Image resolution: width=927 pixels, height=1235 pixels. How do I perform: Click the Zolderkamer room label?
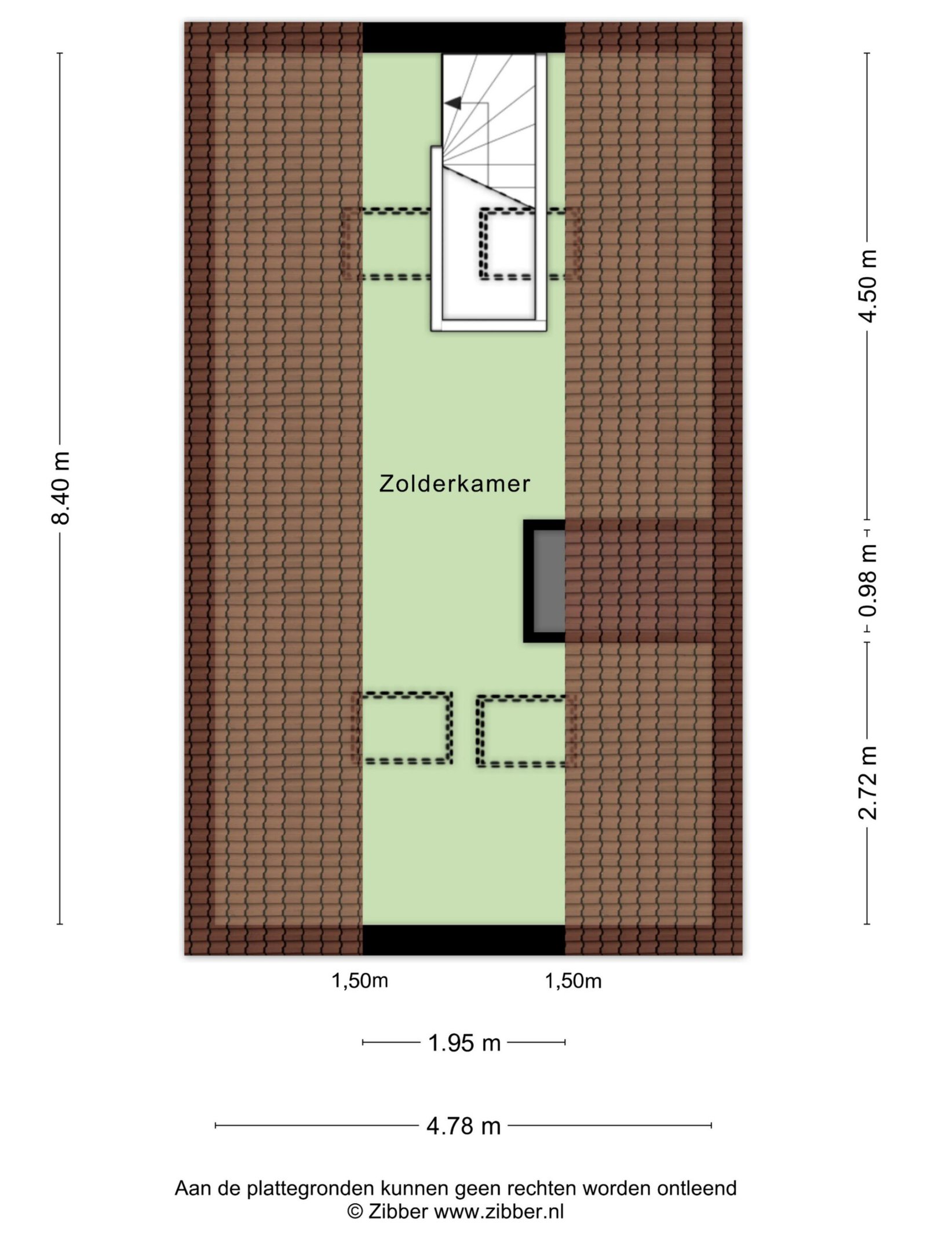(x=454, y=484)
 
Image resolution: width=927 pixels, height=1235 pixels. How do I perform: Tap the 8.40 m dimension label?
(x=60, y=488)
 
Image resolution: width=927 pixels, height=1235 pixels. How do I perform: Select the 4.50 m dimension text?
(x=867, y=286)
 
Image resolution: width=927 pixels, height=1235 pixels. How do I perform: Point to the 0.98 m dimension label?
(x=867, y=581)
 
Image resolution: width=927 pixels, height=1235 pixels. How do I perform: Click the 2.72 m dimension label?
(x=867, y=783)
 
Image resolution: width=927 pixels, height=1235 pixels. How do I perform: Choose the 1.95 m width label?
(x=464, y=1043)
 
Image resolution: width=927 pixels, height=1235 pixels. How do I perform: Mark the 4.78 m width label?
(x=463, y=1126)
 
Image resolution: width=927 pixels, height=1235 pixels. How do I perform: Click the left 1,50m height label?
(x=359, y=981)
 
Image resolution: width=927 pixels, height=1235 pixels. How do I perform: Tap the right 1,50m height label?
(x=573, y=981)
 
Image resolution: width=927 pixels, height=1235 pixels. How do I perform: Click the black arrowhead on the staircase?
(x=453, y=103)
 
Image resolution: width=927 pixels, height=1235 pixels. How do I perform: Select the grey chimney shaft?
(x=549, y=581)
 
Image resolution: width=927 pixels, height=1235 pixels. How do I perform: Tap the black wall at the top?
(x=463, y=38)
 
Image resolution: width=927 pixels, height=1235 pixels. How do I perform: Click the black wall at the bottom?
(x=463, y=940)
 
